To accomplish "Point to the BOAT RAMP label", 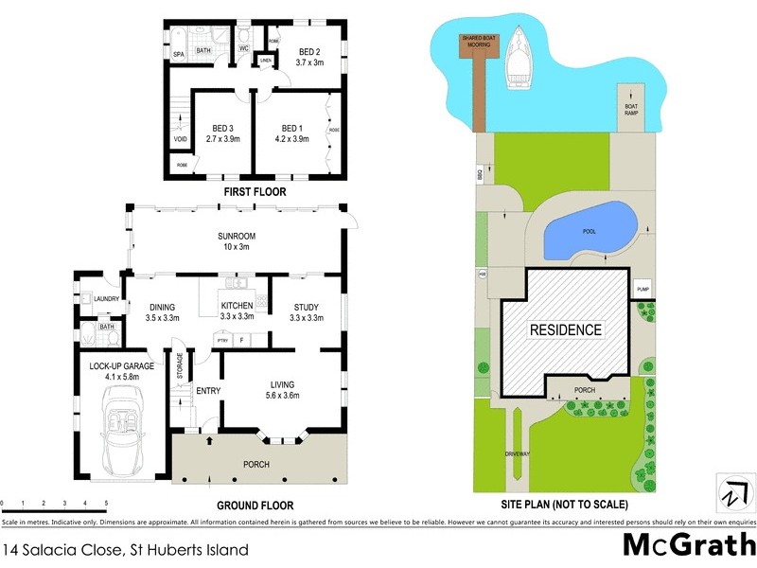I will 631,109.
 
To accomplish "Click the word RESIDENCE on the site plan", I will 565,330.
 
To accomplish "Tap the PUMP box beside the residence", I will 643,289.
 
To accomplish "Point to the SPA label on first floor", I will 178,56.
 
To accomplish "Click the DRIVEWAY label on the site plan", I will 518,454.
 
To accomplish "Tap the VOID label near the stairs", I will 180,139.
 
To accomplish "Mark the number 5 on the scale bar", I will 106,503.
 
